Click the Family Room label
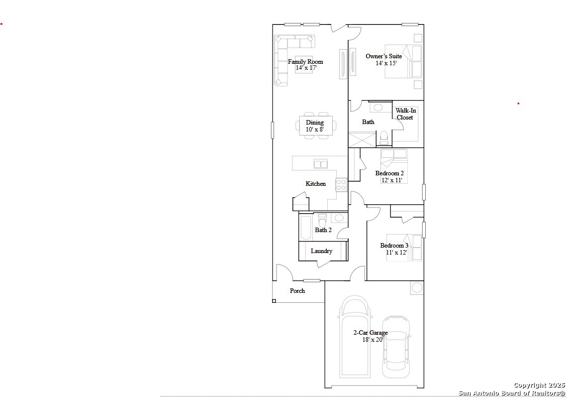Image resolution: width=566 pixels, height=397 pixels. tap(305, 61)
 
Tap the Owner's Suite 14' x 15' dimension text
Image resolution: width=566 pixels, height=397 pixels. tap(386, 63)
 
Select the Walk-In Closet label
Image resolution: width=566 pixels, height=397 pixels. tap(405, 114)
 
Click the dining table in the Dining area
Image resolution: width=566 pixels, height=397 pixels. tap(316, 126)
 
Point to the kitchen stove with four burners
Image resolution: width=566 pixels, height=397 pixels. tap(342, 185)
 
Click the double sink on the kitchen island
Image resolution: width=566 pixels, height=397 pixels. tap(320, 164)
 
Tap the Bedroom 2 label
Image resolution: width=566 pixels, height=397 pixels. tap(389, 173)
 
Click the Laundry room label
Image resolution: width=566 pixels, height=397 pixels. tap(321, 251)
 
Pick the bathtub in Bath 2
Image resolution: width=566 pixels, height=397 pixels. tap(306, 228)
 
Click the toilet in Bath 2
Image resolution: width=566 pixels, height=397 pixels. tap(322, 220)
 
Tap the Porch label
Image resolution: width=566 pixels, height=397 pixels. tap(297, 291)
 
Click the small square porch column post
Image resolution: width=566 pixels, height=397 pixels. tap(274, 301)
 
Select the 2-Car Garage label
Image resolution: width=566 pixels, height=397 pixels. tap(371, 333)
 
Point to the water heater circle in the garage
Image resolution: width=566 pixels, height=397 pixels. tap(417, 288)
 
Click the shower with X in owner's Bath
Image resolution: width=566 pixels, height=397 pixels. tap(362, 140)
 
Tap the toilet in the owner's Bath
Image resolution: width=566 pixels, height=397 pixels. tap(383, 138)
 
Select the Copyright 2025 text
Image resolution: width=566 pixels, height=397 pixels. tap(539, 386)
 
